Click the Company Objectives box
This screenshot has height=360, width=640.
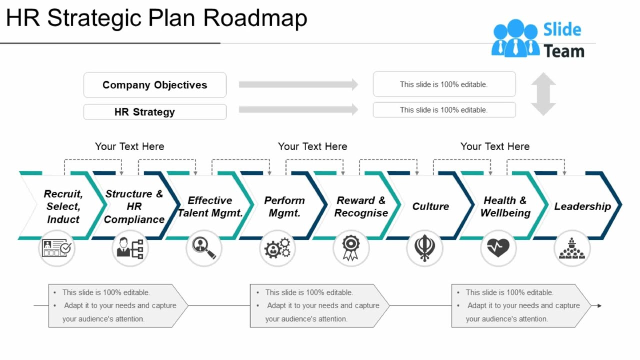[154, 85]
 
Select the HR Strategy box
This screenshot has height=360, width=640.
[154, 111]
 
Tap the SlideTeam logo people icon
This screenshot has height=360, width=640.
[515, 38]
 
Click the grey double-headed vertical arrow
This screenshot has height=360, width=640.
[543, 94]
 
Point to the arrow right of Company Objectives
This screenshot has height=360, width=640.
[298, 84]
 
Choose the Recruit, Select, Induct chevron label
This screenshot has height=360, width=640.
[63, 206]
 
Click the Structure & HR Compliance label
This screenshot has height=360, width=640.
[134, 206]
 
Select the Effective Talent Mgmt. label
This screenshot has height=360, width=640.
[210, 206]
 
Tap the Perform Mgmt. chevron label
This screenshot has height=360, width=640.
[284, 206]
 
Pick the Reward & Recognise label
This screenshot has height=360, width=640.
[361, 206]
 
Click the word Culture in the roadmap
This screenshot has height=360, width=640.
[430, 206]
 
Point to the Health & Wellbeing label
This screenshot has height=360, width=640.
[505, 206]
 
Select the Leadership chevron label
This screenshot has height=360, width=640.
[582, 206]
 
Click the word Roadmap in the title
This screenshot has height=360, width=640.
[255, 18]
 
